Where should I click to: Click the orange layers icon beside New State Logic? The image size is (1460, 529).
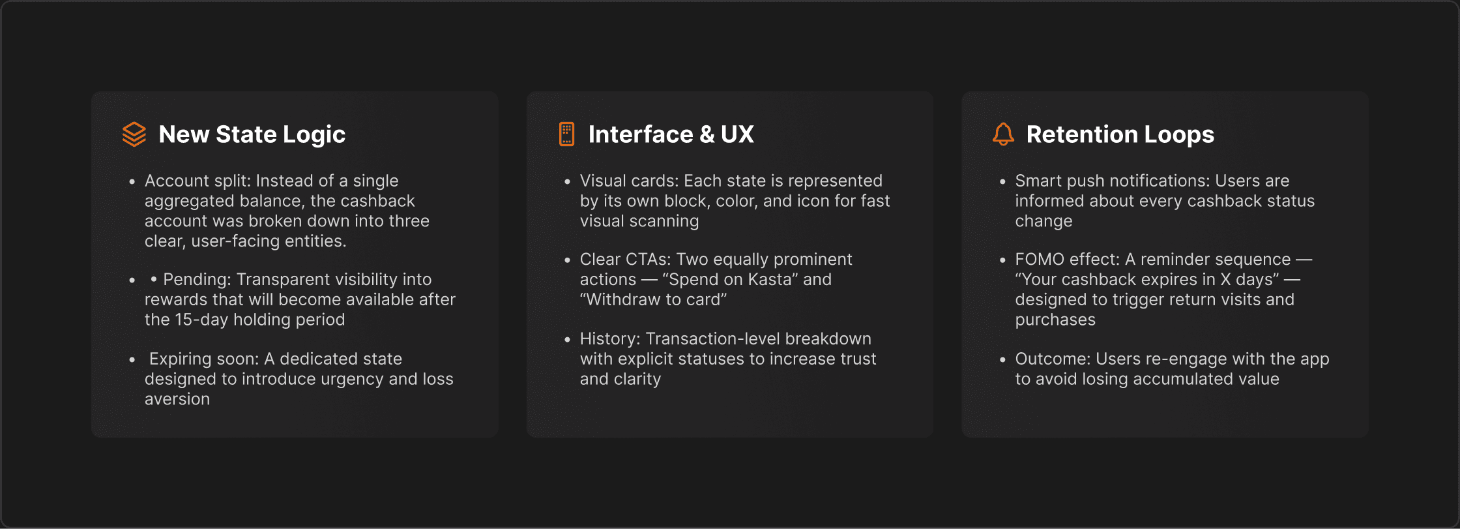(x=134, y=134)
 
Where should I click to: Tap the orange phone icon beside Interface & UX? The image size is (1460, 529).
(x=567, y=134)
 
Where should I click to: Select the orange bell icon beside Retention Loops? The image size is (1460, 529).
(x=1003, y=134)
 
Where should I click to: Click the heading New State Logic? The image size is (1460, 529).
(x=252, y=134)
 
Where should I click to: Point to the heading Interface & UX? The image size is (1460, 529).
(x=671, y=134)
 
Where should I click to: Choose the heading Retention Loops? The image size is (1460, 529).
(x=1120, y=134)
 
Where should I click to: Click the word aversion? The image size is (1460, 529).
(x=177, y=399)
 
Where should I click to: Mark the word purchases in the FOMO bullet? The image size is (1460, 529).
(x=1055, y=320)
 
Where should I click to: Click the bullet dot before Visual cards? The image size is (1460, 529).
(x=567, y=182)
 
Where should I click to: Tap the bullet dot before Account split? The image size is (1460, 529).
(x=132, y=182)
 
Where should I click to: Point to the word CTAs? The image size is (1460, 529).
(x=648, y=260)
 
